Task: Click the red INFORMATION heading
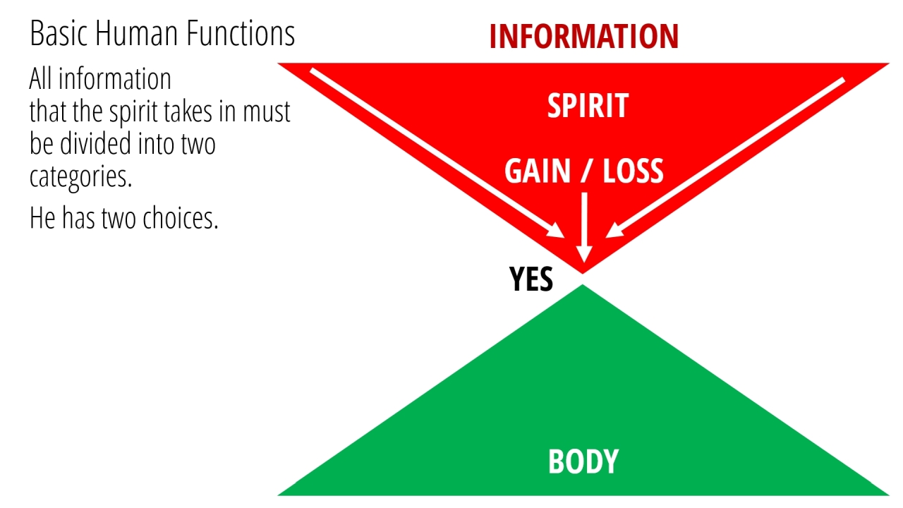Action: pos(584,36)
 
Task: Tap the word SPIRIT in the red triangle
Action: pos(588,106)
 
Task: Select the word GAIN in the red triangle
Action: pos(538,171)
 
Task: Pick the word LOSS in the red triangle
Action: pos(633,171)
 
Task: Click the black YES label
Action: pos(531,279)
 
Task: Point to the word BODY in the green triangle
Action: pos(583,461)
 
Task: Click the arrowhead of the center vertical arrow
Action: pos(584,254)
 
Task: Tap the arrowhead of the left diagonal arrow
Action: pos(556,231)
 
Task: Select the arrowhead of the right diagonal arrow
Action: pos(614,231)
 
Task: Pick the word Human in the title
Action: pos(136,33)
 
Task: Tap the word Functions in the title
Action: pos(241,33)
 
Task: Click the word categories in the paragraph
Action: pos(80,177)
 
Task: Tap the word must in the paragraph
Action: pos(267,112)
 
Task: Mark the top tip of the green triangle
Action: pos(583,285)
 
